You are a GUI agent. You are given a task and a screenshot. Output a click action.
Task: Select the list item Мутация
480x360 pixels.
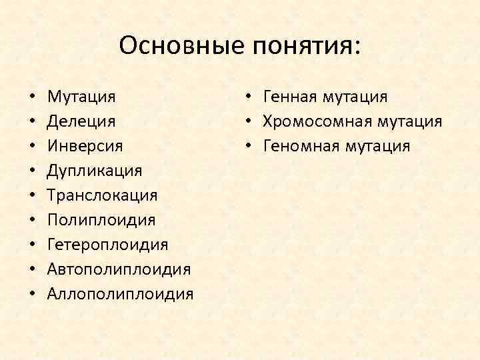pyautogui.click(x=81, y=97)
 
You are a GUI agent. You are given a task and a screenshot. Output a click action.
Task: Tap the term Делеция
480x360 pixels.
pyautogui.click(x=81, y=122)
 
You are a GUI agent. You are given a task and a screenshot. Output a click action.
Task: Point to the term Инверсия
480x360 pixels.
pyautogui.click(x=85, y=146)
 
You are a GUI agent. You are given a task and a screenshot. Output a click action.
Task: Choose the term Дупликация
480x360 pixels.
pyautogui.click(x=95, y=171)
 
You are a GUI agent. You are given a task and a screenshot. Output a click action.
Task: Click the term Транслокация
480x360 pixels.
pyautogui.click(x=103, y=195)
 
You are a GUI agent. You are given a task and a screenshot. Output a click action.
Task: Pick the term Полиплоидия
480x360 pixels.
pyautogui.click(x=101, y=220)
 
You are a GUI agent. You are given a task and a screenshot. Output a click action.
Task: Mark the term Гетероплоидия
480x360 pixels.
pyautogui.click(x=108, y=245)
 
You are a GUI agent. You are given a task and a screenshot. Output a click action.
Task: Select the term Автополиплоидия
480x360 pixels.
pyautogui.click(x=119, y=269)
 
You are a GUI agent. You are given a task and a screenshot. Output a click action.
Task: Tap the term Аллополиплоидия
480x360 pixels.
pyautogui.click(x=121, y=294)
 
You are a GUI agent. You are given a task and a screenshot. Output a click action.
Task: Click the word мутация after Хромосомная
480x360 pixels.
pyautogui.click(x=410, y=122)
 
